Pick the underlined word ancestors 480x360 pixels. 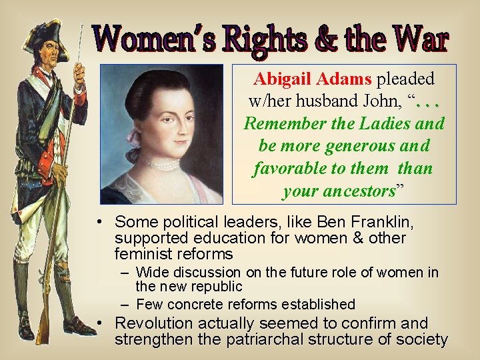[339, 191]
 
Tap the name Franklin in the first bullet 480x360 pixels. [373, 221]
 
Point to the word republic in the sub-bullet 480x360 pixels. [217, 286]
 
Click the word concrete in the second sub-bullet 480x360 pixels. [201, 304]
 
